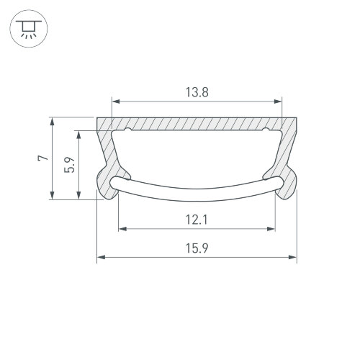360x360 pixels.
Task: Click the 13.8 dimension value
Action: [197, 92]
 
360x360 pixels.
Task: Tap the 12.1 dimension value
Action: [197, 220]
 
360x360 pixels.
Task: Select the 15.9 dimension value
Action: [197, 248]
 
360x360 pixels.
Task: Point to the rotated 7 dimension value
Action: [43, 158]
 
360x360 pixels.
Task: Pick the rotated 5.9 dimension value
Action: [70, 165]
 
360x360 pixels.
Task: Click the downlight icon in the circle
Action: [29, 29]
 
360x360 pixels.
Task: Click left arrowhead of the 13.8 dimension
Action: [116, 102]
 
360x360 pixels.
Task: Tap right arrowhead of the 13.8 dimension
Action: [278, 102]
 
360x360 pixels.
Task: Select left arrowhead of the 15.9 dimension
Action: [101, 257]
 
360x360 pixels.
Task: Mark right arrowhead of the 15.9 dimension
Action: [292, 257]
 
